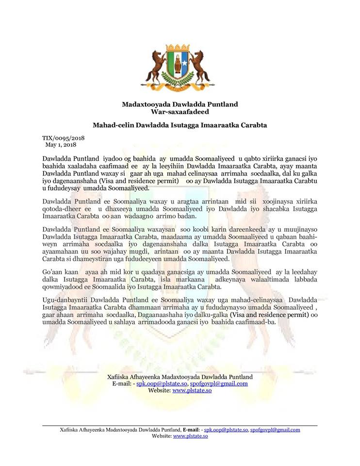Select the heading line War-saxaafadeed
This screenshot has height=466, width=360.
[x=180, y=112]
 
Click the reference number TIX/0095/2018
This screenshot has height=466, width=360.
[x=63, y=138]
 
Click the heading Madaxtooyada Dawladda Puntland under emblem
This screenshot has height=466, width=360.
[x=180, y=104]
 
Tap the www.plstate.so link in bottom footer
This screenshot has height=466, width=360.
[x=191, y=436]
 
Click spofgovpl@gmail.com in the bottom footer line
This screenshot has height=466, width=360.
[x=275, y=430]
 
